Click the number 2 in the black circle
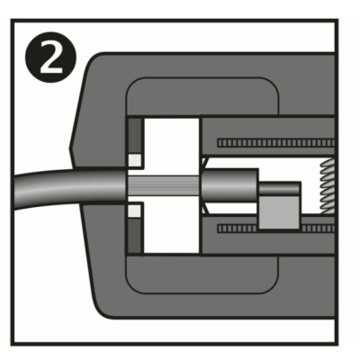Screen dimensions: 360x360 (x=51, y=58)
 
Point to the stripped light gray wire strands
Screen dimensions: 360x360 (x=164, y=186)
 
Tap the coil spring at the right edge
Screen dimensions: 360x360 (x=328, y=186)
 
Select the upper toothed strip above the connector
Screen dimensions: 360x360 (x=276, y=143)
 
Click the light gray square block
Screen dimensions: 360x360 (x=279, y=211)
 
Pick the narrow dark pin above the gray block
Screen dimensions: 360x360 (x=280, y=188)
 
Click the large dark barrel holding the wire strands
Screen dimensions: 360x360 (x=230, y=186)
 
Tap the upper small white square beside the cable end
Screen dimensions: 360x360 (x=135, y=160)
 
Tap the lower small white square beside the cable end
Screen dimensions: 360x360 (x=134, y=211)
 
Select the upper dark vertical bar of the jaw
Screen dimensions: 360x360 (x=135, y=136)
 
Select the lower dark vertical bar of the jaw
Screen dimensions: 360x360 (x=134, y=235)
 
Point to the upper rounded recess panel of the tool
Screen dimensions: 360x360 (x=202, y=96)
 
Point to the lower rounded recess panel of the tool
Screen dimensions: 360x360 (x=202, y=274)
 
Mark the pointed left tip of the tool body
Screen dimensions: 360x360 (x=69, y=148)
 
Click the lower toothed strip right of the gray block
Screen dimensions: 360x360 (x=318, y=229)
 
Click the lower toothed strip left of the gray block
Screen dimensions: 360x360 (x=237, y=229)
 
